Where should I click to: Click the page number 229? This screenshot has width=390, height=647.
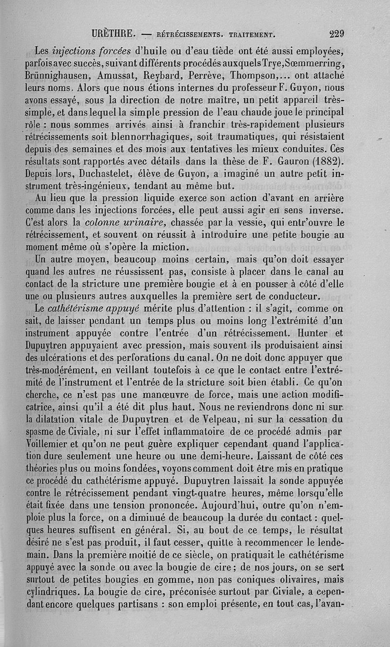(x=337, y=34)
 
